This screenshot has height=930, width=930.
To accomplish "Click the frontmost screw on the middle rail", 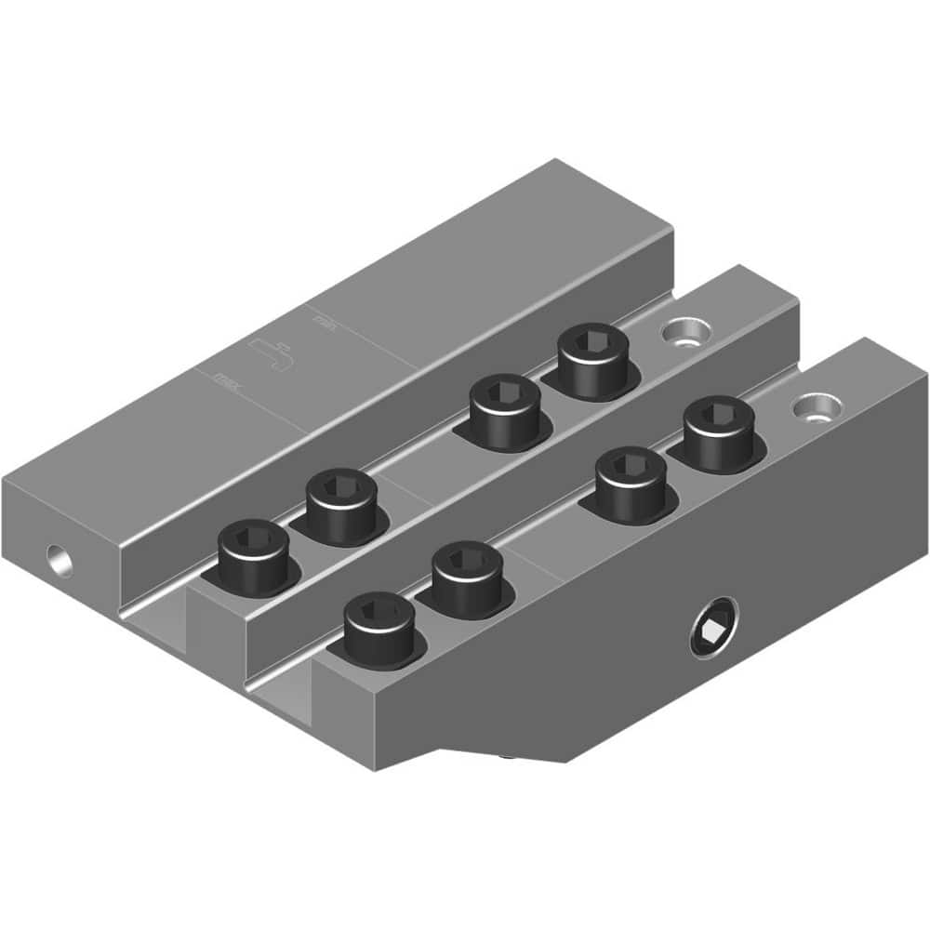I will (254, 558).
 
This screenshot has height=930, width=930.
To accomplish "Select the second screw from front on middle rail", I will (341, 506).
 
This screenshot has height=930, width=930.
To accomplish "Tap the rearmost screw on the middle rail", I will (591, 361).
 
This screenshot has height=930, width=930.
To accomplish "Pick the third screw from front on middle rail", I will (504, 412).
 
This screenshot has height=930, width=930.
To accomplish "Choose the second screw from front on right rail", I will (466, 579).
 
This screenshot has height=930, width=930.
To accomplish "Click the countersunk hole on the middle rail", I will (685, 331).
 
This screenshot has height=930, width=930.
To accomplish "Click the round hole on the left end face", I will (61, 558).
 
